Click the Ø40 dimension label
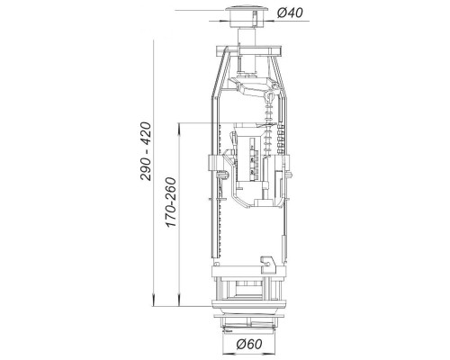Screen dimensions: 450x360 coord(290,13)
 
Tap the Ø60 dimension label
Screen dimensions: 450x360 coord(249,344)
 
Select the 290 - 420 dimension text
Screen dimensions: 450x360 coord(146,151)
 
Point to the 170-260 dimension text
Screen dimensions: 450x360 coord(171,202)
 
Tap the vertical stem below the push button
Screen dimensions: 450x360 coord(247,37)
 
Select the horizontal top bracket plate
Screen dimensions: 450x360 coord(248,50)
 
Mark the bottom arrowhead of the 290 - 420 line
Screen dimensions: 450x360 coord(153,301)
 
